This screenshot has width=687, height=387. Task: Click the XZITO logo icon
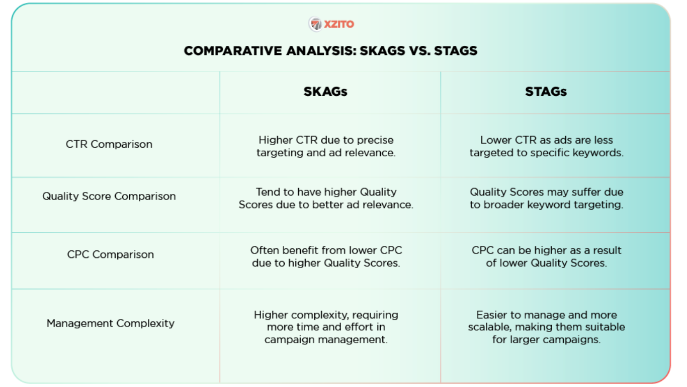(315, 24)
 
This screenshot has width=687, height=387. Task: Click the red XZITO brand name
(339, 24)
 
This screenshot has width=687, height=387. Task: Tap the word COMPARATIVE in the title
(233, 51)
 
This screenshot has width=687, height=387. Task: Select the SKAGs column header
(325, 92)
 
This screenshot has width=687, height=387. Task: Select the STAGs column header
(546, 92)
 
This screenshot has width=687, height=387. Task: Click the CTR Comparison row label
(109, 144)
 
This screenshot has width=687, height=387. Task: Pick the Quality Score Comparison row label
(109, 196)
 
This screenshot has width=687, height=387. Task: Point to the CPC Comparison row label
(111, 254)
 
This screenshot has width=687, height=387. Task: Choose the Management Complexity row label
(111, 324)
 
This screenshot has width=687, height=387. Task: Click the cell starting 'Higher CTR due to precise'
(326, 146)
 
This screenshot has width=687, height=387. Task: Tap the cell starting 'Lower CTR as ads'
(547, 146)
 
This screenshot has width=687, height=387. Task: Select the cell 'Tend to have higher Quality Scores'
(326, 198)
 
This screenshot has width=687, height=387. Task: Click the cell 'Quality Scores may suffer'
(547, 198)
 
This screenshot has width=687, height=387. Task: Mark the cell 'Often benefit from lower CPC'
(326, 256)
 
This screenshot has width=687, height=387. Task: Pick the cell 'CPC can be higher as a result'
(547, 256)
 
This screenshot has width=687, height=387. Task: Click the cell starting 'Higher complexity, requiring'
(326, 327)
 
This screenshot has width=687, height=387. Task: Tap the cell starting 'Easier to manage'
(547, 327)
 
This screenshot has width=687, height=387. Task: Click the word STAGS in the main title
(456, 51)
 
